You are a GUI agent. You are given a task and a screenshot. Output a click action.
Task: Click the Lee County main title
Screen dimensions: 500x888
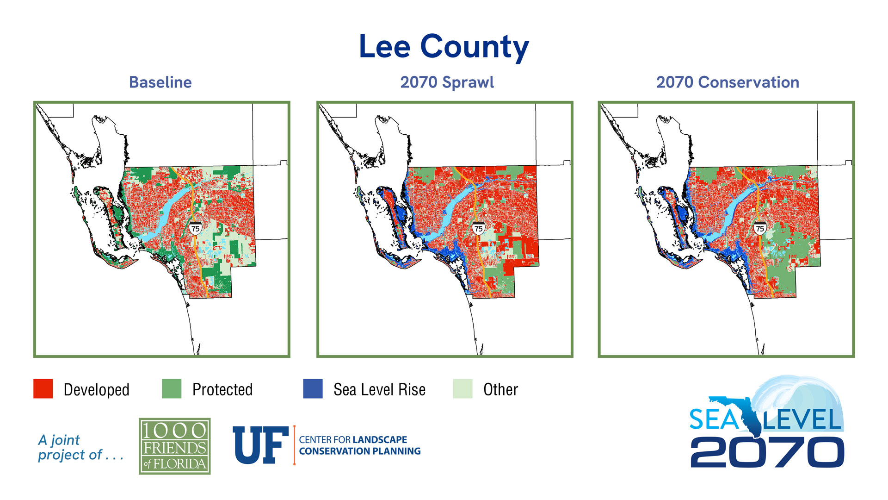(444, 47)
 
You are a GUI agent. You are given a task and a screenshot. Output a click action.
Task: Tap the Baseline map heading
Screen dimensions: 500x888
(160, 82)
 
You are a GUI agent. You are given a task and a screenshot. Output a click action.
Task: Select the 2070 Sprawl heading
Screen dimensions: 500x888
(447, 82)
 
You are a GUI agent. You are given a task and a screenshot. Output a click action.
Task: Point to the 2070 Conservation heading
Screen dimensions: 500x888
(727, 82)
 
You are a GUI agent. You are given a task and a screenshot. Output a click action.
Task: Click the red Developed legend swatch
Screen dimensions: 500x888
(43, 389)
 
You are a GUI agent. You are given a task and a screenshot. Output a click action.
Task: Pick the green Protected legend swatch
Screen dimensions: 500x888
(172, 389)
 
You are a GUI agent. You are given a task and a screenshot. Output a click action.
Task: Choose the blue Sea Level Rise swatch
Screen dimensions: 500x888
(313, 389)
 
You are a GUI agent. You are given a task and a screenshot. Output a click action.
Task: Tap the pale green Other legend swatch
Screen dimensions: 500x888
(462, 389)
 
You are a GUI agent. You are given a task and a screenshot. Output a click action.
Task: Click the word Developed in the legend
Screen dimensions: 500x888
(96, 390)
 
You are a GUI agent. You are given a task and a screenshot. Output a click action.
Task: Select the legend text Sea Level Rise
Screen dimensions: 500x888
(379, 390)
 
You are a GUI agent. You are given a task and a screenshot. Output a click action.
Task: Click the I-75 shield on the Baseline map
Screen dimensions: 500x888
(195, 228)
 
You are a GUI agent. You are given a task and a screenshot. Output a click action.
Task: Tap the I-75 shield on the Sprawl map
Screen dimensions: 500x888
(478, 228)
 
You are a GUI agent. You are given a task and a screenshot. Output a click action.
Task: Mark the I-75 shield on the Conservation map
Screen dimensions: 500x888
(759, 228)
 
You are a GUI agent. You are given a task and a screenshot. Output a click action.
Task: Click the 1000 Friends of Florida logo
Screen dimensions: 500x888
(175, 446)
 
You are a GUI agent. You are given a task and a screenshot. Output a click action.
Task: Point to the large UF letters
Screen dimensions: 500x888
(260, 445)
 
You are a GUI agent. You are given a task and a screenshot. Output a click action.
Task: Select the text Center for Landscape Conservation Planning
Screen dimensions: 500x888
(359, 445)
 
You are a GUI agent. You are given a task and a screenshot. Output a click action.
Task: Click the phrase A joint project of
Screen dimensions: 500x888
(80, 447)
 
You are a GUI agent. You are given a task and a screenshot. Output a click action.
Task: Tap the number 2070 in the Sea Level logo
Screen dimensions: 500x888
(767, 452)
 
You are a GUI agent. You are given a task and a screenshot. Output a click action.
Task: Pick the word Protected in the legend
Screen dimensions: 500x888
(222, 390)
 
